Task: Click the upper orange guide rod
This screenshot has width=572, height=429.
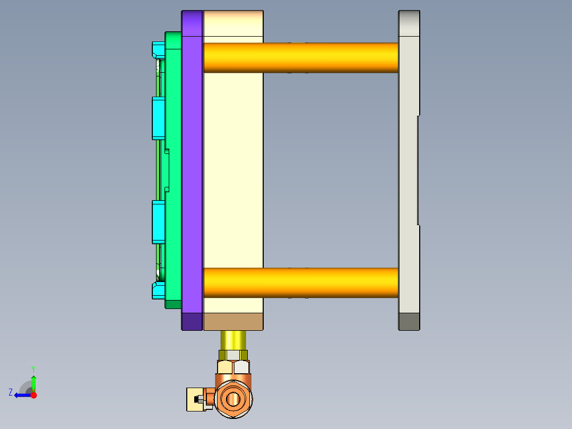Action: (300, 57)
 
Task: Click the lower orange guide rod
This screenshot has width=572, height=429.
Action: (300, 282)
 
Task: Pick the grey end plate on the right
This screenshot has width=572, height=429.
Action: (408, 159)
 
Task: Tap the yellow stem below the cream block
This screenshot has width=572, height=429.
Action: (233, 339)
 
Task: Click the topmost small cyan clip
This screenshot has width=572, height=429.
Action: (158, 50)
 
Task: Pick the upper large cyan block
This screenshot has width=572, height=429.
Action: (158, 118)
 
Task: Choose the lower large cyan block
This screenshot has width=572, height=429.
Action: (158, 221)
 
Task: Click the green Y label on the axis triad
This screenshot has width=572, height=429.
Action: (33, 368)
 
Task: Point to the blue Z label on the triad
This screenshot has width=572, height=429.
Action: (11, 392)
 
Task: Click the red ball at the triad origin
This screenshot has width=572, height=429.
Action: (33, 395)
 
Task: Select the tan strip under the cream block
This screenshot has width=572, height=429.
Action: (233, 321)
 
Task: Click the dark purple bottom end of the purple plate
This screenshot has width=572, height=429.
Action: (192, 321)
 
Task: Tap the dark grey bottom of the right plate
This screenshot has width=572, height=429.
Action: (409, 321)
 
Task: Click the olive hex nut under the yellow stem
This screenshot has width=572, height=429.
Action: (233, 354)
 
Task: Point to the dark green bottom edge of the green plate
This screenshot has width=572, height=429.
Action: (173, 304)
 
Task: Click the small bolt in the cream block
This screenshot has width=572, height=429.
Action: (200, 399)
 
